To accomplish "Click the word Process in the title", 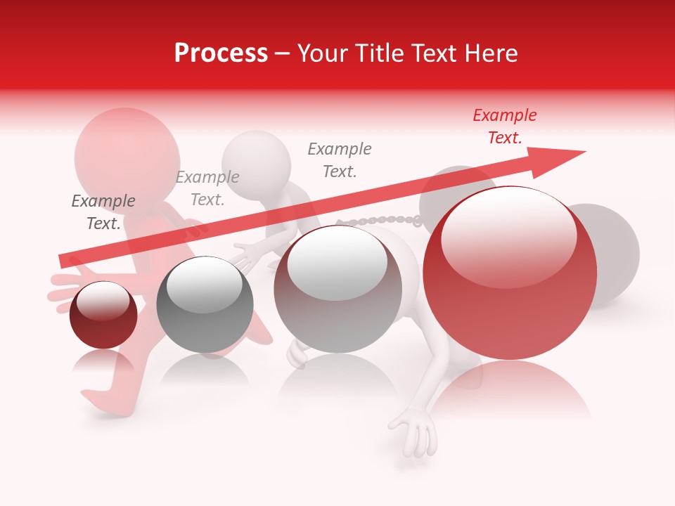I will tap(221, 53).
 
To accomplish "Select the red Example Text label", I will tap(505, 126).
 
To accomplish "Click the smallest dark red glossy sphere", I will tap(103, 315).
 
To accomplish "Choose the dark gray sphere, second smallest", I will tap(205, 304).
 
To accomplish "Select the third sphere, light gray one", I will tap(337, 288).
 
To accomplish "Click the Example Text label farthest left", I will tap(103, 212).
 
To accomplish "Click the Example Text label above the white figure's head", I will tap(207, 188).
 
